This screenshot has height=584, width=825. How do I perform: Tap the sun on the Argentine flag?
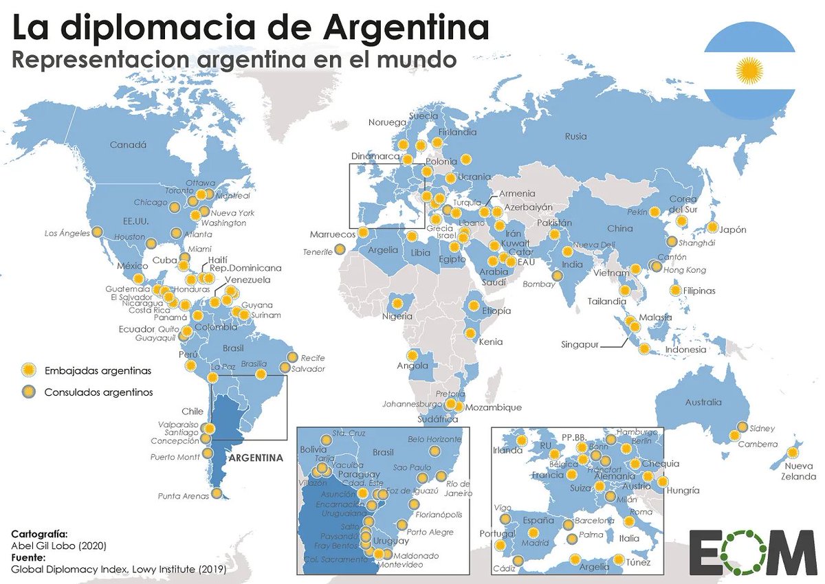[x=749, y=70]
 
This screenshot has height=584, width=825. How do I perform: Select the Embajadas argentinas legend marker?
[x=28, y=370]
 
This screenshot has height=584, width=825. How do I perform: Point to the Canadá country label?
[x=129, y=144]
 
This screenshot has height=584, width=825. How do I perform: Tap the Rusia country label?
[x=576, y=136]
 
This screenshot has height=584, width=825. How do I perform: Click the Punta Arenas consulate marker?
[x=217, y=493]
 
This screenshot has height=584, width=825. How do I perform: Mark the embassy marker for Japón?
[x=712, y=227]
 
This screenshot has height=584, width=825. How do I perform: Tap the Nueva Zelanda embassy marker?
[x=793, y=453]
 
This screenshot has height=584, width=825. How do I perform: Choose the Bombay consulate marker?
[x=555, y=275]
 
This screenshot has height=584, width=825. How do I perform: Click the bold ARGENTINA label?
[x=256, y=458]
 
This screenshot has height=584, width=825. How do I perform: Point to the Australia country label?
[x=703, y=402]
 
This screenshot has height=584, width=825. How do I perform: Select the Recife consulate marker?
[x=292, y=358]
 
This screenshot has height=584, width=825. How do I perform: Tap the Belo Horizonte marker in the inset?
[x=434, y=451]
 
